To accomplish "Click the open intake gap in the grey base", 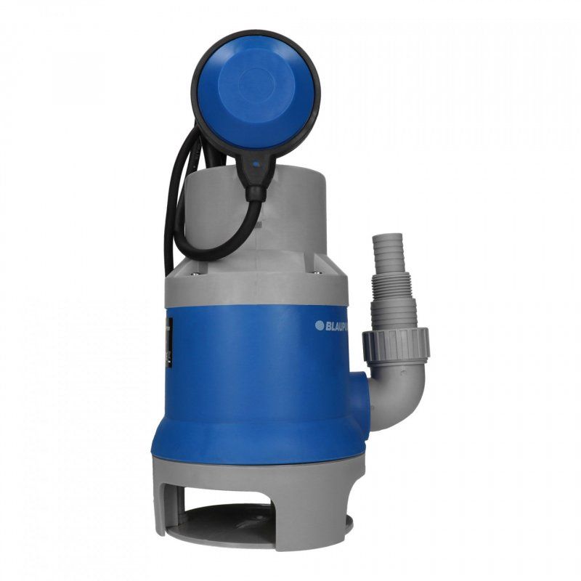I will tap(251, 501).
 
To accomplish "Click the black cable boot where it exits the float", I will tap(256, 185).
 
